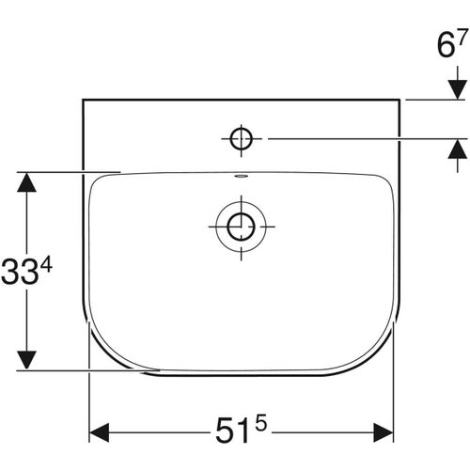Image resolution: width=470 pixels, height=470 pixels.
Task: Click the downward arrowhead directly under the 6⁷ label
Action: pos(457,86)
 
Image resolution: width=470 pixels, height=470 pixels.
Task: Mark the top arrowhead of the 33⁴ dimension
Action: pos(29,183)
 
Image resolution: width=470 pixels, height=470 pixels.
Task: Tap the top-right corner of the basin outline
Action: pos(399,98)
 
